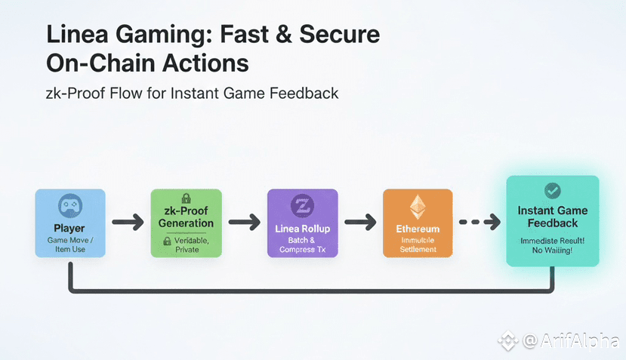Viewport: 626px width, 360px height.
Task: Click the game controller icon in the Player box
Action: [x=69, y=207]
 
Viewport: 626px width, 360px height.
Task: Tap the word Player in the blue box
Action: [x=69, y=227]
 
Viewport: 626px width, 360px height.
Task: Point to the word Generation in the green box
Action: [x=186, y=223]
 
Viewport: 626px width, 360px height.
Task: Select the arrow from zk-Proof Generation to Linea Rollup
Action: [x=244, y=223]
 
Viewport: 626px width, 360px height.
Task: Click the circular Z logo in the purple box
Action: [x=301, y=206]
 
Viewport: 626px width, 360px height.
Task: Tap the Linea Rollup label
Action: [x=301, y=228]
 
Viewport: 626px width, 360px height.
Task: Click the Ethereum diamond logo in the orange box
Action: [x=418, y=206]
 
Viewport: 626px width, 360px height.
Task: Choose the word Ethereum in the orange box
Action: [x=418, y=229]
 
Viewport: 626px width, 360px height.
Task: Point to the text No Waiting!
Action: [x=553, y=250]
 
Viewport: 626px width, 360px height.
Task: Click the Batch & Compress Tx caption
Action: [x=301, y=245]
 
